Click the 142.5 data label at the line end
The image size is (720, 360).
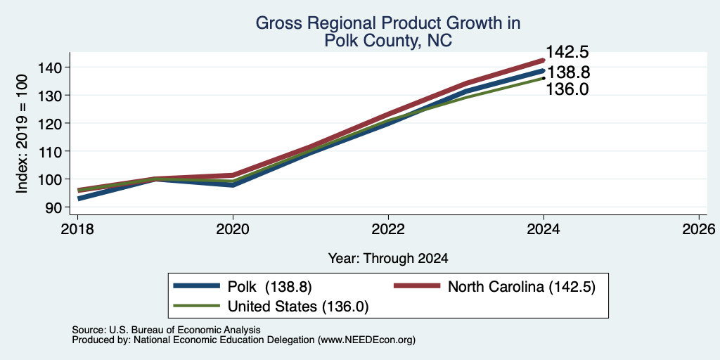(x=567, y=52)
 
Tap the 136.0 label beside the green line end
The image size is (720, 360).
(x=567, y=89)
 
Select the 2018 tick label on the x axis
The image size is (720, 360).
(x=77, y=229)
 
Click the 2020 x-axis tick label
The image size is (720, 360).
(x=233, y=229)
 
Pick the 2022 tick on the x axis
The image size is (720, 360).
(x=388, y=229)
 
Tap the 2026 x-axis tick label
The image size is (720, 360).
(x=699, y=229)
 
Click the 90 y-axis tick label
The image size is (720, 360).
(x=62, y=207)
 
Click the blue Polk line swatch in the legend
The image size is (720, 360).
(x=196, y=286)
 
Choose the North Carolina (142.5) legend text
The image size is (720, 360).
(x=521, y=287)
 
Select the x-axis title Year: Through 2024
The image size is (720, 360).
(x=388, y=259)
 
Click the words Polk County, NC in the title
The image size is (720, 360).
(x=388, y=41)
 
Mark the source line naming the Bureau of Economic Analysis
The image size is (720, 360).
(x=166, y=330)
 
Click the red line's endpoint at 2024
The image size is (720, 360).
(x=544, y=60)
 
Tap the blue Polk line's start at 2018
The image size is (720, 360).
(x=79, y=199)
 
